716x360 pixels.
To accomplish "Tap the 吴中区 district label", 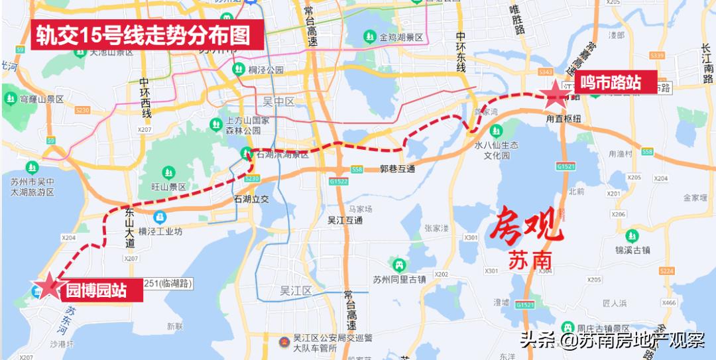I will tap(278, 101).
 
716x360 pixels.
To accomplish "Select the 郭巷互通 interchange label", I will tap(397, 169).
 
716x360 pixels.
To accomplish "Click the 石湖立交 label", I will tap(251, 198).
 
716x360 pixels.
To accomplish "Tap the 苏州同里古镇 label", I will tap(398, 279).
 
